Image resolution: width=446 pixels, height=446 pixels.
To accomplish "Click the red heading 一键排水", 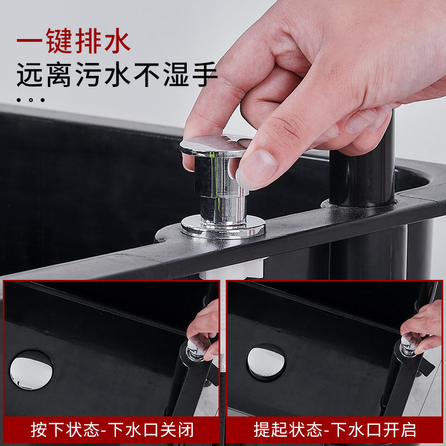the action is tap(74, 41).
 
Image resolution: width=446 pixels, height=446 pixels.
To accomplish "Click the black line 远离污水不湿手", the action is tap(117, 75).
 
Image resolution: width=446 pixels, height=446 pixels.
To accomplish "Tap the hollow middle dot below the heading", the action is tap(31, 100).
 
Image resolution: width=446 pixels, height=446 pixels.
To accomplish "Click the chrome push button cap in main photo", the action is tap(213, 146).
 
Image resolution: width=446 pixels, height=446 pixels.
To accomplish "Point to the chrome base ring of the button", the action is tap(223, 226).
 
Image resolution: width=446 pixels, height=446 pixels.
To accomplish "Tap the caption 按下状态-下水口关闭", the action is tap(112, 429).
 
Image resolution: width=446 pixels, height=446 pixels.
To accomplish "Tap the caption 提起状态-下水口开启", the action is tap(335, 429).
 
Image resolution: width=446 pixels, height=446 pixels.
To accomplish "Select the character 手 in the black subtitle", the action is tap(205, 75).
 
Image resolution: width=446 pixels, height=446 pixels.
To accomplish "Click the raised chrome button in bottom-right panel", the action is tap(408, 346).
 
